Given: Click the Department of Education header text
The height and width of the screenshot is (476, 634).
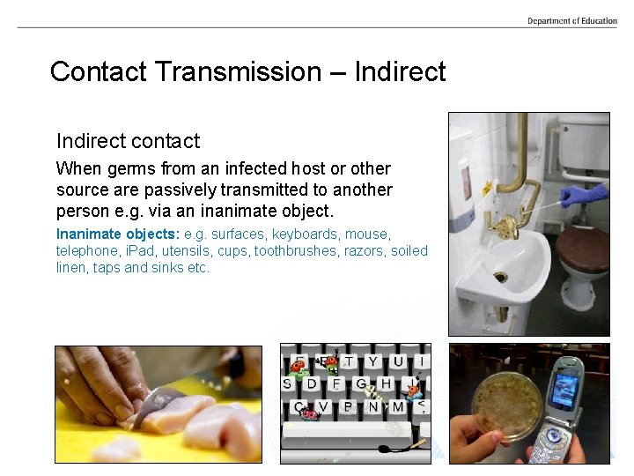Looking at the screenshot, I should pyautogui.click(x=572, y=21).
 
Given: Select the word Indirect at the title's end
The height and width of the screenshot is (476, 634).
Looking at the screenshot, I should pyautogui.click(x=400, y=71).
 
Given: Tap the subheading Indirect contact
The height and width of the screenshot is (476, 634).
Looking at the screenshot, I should pyautogui.click(x=128, y=141).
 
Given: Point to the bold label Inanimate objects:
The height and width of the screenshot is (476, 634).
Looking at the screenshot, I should pyautogui.click(x=118, y=234).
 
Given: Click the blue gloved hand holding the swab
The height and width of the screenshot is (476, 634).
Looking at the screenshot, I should pyautogui.click(x=584, y=194).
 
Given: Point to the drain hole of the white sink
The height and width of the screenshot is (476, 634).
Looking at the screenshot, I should pyautogui.click(x=500, y=277).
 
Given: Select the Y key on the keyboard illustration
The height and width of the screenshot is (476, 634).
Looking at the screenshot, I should pyautogui.click(x=373, y=361).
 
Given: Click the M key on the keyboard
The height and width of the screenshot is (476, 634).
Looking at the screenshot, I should pyautogui.click(x=398, y=407).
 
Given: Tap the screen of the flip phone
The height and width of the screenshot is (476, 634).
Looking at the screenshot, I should pyautogui.click(x=564, y=386).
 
